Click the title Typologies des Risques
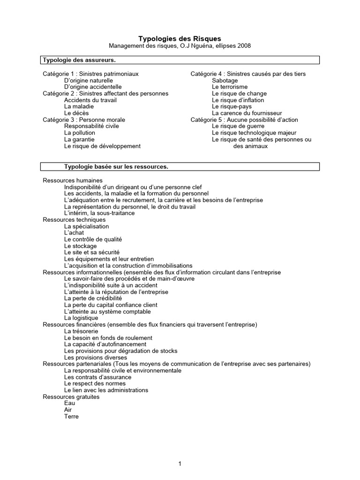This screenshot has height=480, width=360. tap(180, 38)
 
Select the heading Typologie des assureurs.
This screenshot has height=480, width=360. tap(79, 60)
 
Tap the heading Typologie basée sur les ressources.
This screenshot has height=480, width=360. tap(116, 167)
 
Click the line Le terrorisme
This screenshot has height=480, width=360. tap(230, 87)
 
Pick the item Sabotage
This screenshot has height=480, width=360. tap(225, 81)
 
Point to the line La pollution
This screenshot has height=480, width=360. tap(79, 133)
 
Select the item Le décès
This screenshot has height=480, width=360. tap(76, 113)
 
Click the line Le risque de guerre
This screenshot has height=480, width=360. tap(238, 127)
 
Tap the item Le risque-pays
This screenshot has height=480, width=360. tap(232, 107)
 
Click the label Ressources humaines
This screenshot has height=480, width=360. tap(73, 180)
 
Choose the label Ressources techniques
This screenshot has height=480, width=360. tap(74, 220)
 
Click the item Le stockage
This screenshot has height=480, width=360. tap(80, 246)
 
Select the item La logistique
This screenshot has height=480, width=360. tap(81, 318)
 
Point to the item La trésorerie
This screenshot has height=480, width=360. tap(81, 331)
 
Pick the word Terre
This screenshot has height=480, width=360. tap(71, 417)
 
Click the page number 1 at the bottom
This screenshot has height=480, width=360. tap(180, 464)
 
